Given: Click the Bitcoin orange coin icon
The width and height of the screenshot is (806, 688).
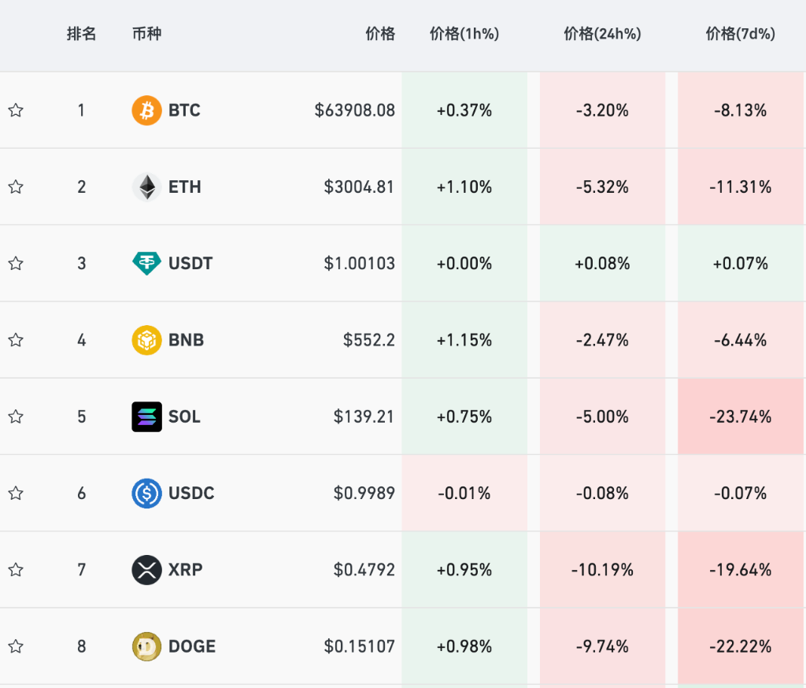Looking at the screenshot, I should coord(146,110).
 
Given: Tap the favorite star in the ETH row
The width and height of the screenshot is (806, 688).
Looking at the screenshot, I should coord(16,187).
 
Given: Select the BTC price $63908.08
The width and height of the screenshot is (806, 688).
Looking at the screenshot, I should coord(354,110).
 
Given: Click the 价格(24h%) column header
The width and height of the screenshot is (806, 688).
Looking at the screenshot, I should coord(602,34).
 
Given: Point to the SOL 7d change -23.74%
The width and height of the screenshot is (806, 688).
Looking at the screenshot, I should coord(740,416).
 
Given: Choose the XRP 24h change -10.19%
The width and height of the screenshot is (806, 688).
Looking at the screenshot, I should coord(602,569).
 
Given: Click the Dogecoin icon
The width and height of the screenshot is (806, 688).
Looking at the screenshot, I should coord(146,646).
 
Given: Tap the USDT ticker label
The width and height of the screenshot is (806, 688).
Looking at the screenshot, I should coord(190,263).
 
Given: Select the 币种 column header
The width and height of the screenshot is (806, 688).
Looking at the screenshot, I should coord(146,34).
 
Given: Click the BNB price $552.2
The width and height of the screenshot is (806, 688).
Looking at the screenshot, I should coord(368,340).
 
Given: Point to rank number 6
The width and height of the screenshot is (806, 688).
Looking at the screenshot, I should coord(81,493).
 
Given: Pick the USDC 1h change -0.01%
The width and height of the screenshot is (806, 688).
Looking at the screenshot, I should coord(464,493).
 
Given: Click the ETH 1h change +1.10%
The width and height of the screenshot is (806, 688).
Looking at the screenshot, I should coord(464,187).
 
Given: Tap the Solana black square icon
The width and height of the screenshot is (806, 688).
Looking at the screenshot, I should coord(146,416).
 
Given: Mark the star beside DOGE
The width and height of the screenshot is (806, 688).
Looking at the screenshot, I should coord(16,646).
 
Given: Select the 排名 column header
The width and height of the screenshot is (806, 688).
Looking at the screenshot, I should coord(81,34).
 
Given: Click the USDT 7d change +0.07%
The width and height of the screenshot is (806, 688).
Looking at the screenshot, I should coord(740,263).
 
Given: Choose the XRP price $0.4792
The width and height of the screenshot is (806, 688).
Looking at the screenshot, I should coord(364,569).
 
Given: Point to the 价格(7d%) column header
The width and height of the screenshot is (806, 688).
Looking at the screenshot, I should coord(740,34).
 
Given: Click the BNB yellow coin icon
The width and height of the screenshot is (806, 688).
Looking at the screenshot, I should coord(146,340).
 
